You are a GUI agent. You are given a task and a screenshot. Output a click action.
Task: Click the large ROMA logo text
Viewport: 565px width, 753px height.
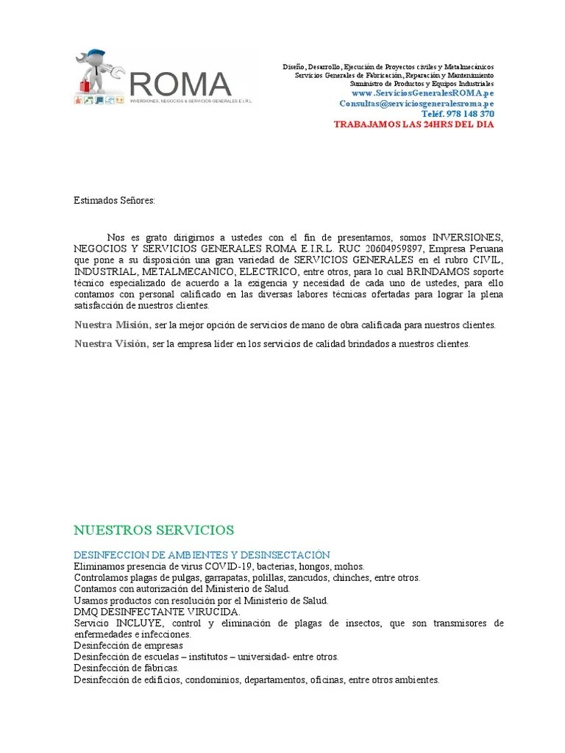point(180,83)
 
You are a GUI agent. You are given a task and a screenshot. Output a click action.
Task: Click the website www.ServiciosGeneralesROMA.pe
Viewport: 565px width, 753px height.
point(422,94)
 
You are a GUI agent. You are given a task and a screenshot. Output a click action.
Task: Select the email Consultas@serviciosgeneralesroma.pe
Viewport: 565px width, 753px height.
point(416,104)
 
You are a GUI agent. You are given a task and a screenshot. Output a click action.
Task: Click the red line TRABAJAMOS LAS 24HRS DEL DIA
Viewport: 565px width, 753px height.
point(414,125)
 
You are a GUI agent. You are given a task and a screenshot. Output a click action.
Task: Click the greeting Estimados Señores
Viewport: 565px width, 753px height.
point(114,200)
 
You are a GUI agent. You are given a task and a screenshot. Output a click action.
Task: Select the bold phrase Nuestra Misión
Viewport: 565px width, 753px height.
point(113,325)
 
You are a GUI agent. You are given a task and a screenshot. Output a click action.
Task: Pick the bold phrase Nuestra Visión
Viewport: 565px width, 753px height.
point(111,343)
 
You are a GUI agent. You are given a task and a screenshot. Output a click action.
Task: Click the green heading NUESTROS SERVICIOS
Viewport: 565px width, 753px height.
point(154,530)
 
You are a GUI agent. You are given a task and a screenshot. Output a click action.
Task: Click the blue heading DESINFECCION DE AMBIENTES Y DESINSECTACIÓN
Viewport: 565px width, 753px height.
point(202,555)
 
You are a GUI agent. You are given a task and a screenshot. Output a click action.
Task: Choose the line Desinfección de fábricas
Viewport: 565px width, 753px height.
point(127,668)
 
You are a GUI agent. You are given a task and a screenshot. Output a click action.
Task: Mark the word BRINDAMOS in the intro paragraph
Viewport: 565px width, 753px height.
point(422,271)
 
